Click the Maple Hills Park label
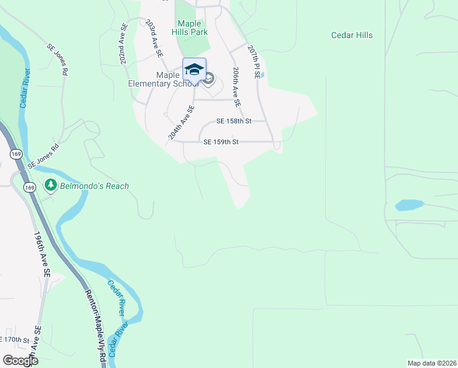tap(193, 28)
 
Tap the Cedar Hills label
tap(352, 35)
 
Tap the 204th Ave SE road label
tap(182, 123)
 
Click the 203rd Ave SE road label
tap(154, 38)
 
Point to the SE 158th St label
tap(234, 121)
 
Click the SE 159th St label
tap(220, 142)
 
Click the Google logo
tap(20, 361)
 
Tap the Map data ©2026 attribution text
tap(432, 362)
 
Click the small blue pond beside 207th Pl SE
tap(262, 75)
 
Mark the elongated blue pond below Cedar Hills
tap(410, 205)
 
